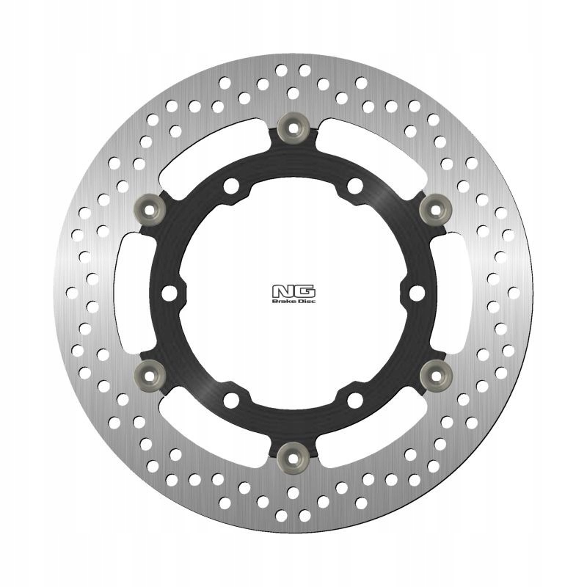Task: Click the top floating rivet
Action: click(x=293, y=128)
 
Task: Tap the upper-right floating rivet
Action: click(x=435, y=210)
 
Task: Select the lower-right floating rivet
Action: click(x=435, y=375)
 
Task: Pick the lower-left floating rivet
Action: click(x=150, y=375)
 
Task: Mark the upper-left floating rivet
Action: click(x=150, y=210)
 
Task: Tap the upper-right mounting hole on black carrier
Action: click(x=355, y=186)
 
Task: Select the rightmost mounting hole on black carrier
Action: click(x=417, y=293)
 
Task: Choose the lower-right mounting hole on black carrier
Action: click(x=355, y=400)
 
